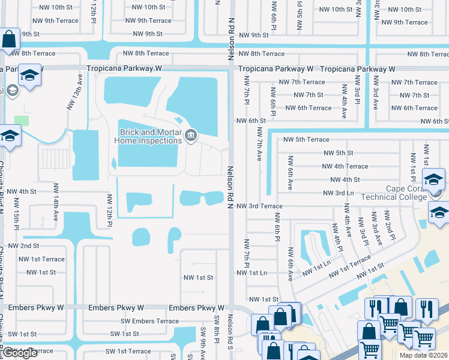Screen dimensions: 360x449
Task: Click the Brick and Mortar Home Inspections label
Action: point(149,136)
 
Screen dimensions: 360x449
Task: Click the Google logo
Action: point(20,353)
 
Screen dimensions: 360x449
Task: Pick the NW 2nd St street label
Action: point(28,246)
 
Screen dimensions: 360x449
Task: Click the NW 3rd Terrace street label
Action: point(259,206)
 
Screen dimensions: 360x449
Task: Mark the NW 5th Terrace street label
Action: point(306,140)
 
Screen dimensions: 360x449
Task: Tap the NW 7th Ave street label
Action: point(260,143)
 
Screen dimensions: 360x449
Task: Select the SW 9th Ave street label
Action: point(203,341)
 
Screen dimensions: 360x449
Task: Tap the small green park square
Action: point(22,121)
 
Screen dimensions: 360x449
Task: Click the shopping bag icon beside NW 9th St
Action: point(10,40)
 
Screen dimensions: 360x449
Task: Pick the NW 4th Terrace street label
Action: point(345,166)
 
